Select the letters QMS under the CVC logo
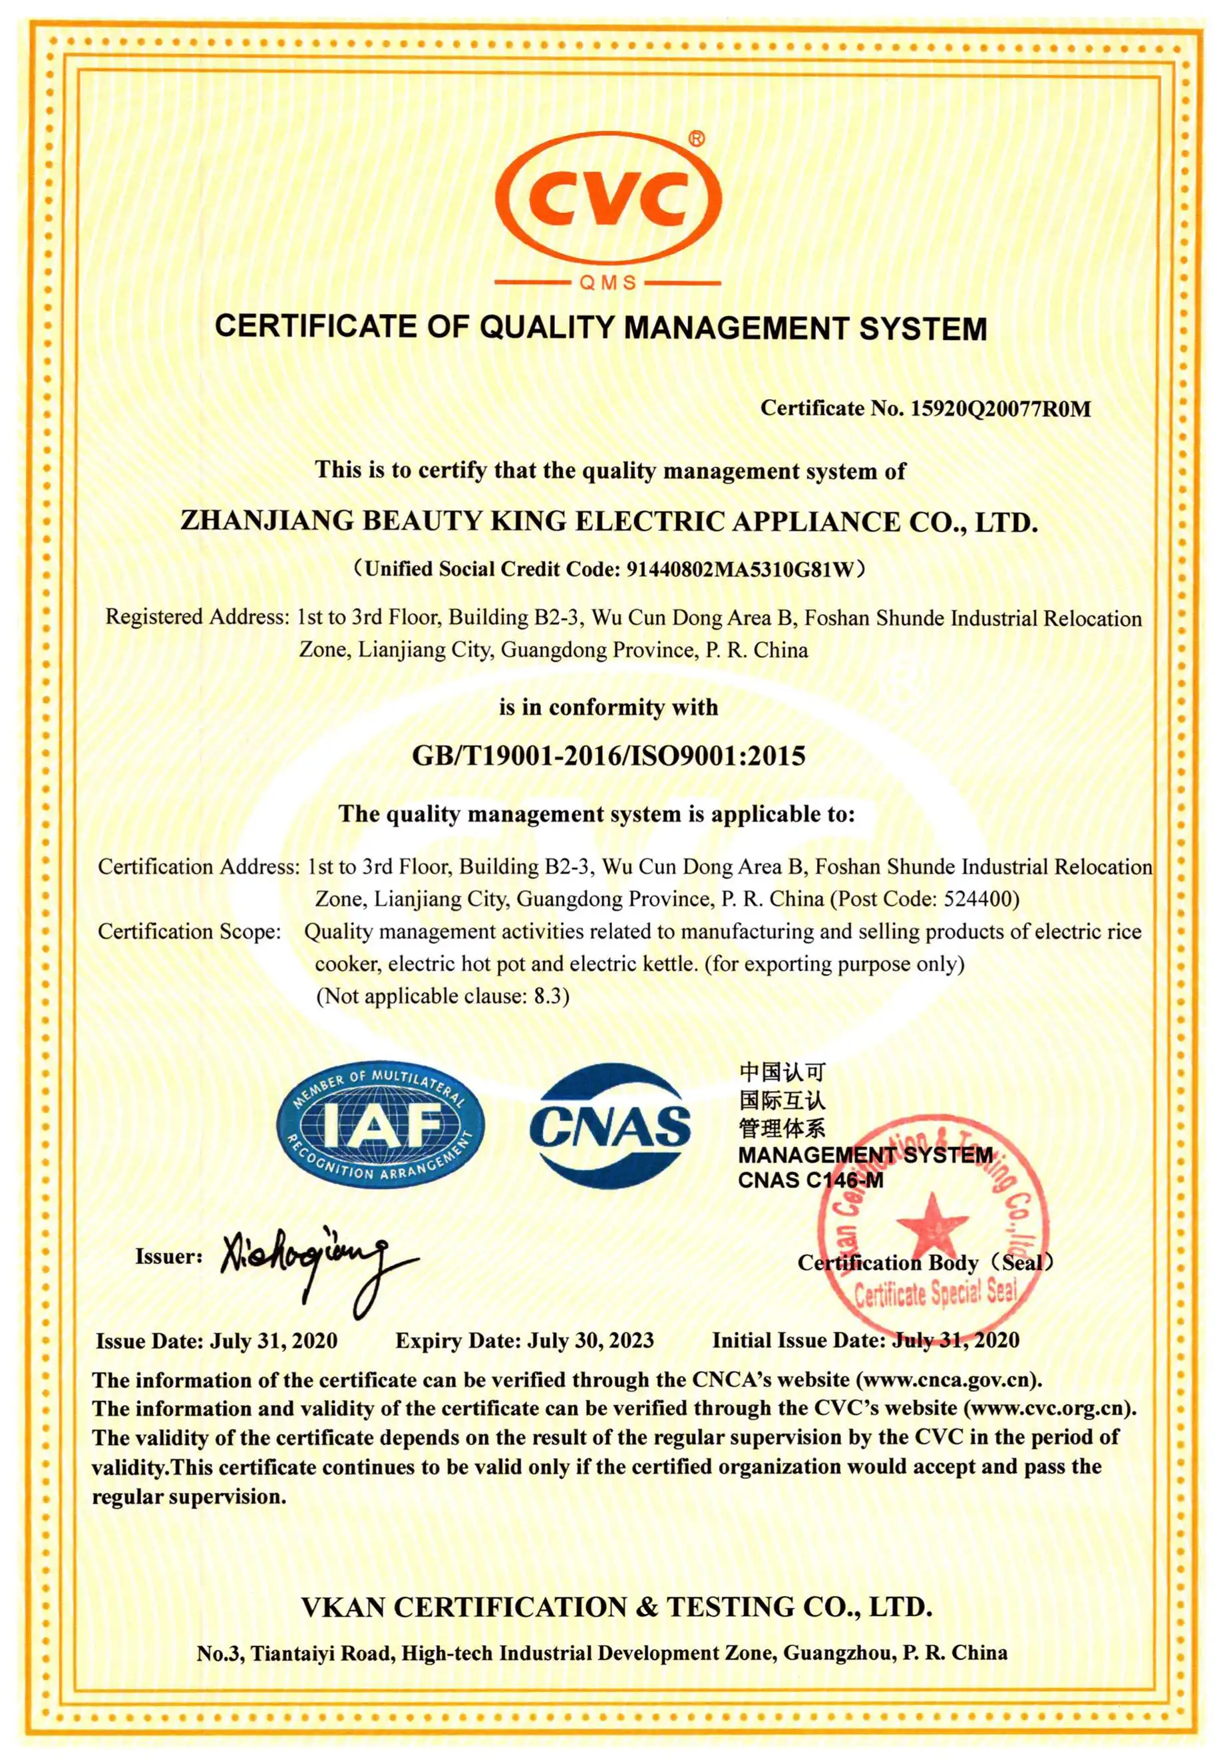pyautogui.click(x=608, y=283)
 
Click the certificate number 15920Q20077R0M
pyautogui.click(x=1000, y=408)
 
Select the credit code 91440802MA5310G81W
pyautogui.click(x=739, y=569)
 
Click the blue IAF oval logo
pyautogui.click(x=381, y=1126)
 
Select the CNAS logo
pyautogui.click(x=610, y=1126)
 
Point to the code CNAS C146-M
pyautogui.click(x=810, y=1181)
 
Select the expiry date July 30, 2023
pyautogui.click(x=590, y=1340)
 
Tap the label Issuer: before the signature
pyautogui.click(x=168, y=1257)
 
